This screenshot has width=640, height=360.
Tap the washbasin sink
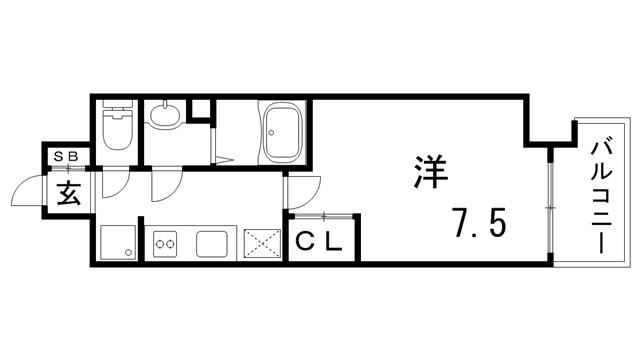163,118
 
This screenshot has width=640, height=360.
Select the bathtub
285,134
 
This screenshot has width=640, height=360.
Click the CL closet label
319,242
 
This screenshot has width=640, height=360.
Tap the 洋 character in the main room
431,171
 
